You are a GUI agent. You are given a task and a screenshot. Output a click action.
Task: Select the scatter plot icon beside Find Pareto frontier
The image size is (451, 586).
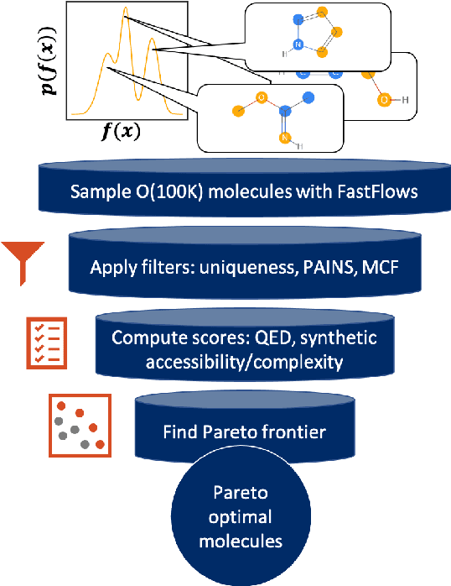(x=78, y=424)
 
